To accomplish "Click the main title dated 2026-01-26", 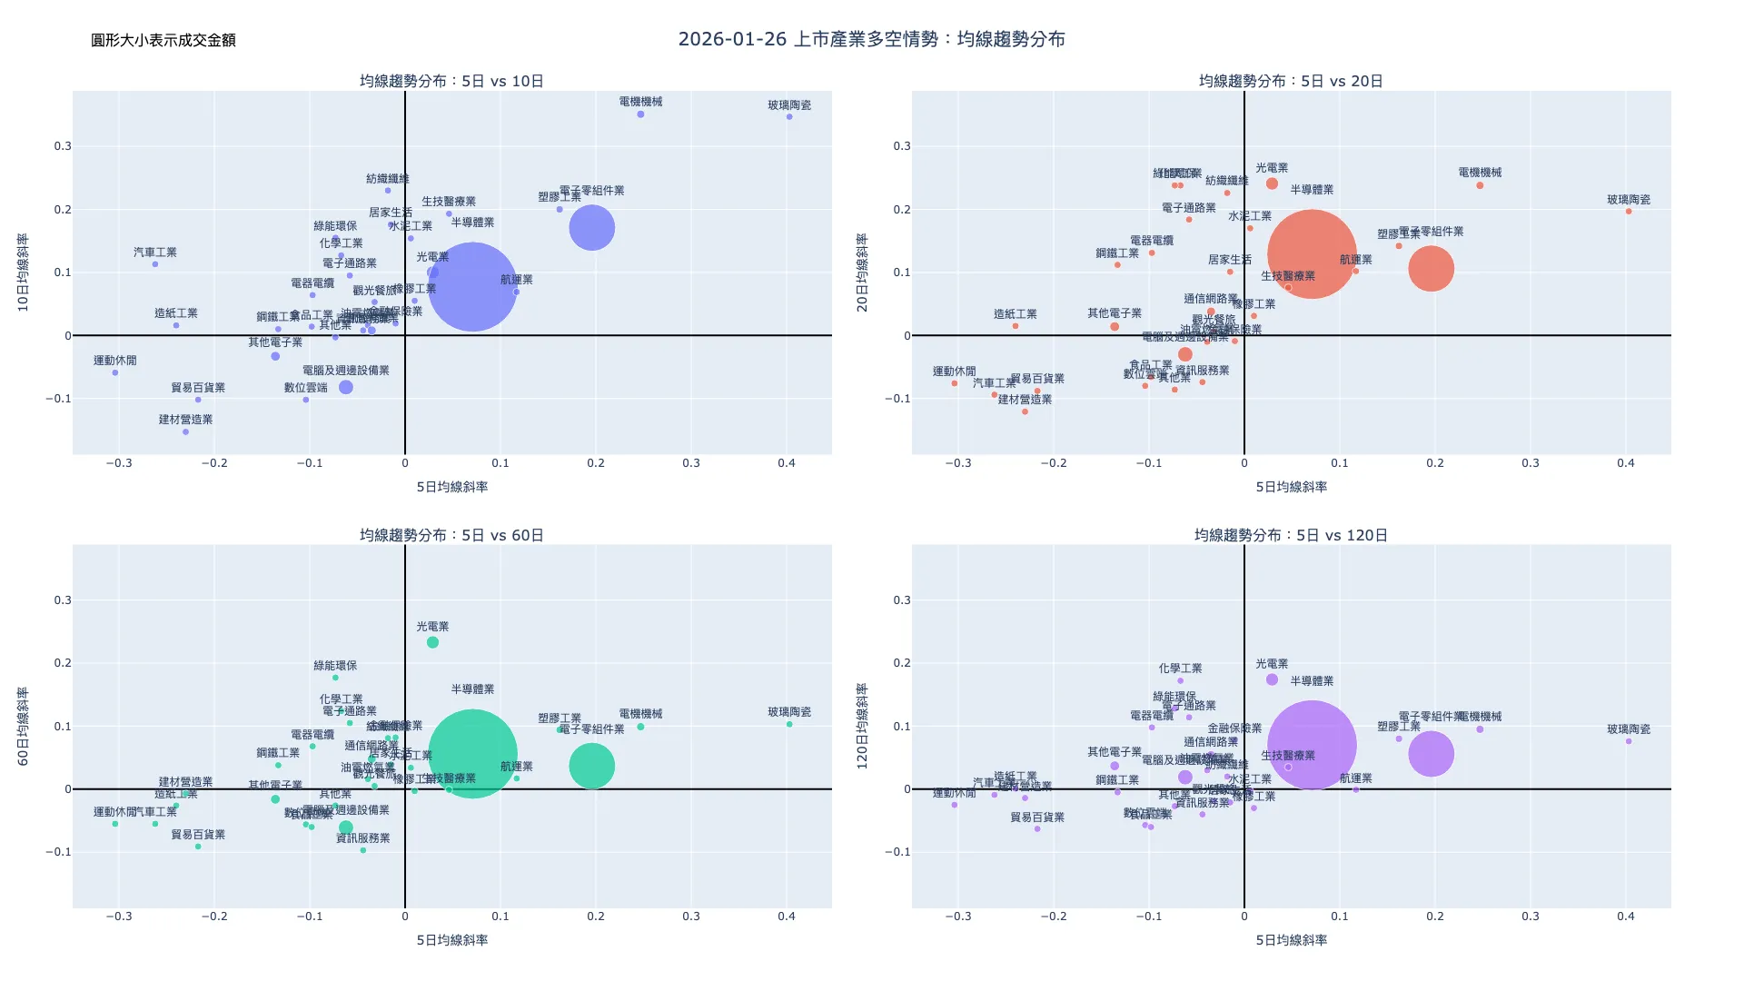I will pyautogui.click(x=871, y=39).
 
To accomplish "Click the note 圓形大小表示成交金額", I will pyautogui.click(x=163, y=40).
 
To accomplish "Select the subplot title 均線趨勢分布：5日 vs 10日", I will pyautogui.click(x=451, y=81).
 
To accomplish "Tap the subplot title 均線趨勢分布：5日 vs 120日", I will pyautogui.click(x=1291, y=535).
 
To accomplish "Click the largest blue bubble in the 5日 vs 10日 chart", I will pyautogui.click(x=472, y=287).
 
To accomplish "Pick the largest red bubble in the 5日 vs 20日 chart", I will pyautogui.click(x=1312, y=254).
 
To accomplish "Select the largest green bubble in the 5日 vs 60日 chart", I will pyautogui.click(x=472, y=754).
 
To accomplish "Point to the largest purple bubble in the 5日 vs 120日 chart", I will pyautogui.click(x=1312, y=745).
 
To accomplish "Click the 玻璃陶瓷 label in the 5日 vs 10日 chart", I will pyautogui.click(x=789, y=105).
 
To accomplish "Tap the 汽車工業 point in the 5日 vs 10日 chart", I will pyautogui.click(x=155, y=264).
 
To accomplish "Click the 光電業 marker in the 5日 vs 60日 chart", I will pyautogui.click(x=432, y=642).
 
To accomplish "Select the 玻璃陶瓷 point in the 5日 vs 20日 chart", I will pyautogui.click(x=1629, y=212).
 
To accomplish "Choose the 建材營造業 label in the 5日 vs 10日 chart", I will pyautogui.click(x=185, y=420).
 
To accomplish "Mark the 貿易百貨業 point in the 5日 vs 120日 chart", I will pyautogui.click(x=1037, y=829).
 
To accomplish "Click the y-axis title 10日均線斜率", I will pyautogui.click(x=24, y=272).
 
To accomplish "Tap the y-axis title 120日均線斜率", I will pyautogui.click(x=863, y=727).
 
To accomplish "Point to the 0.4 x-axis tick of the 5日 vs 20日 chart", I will pyautogui.click(x=1625, y=463).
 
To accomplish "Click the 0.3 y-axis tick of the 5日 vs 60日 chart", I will pyautogui.click(x=62, y=600).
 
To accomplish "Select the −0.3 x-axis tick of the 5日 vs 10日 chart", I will pyautogui.click(x=119, y=463).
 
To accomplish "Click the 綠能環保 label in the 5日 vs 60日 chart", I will pyautogui.click(x=335, y=666).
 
